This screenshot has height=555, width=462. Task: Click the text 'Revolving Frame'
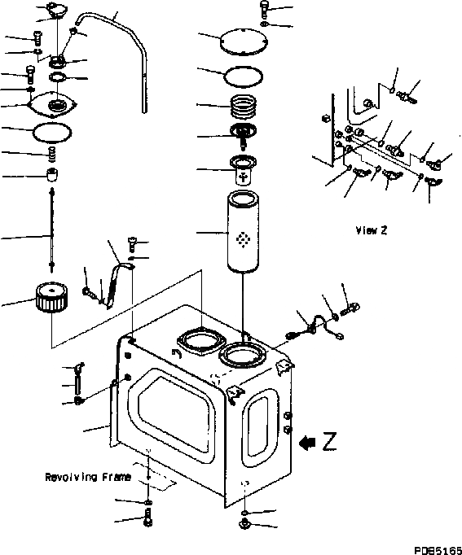click(x=88, y=477)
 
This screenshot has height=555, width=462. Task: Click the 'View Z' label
click(x=372, y=230)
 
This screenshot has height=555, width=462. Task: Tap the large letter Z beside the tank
click(x=329, y=441)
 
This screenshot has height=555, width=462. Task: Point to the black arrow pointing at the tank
click(x=307, y=443)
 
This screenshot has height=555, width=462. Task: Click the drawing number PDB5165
click(x=438, y=550)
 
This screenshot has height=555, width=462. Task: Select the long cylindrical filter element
click(x=243, y=232)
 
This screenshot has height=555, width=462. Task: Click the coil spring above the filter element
click(x=243, y=106)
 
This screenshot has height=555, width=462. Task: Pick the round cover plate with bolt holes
click(x=244, y=42)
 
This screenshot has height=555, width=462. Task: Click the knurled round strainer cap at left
click(x=52, y=297)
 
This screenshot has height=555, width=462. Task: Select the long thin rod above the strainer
click(x=52, y=230)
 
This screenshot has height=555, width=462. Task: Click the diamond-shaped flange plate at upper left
click(x=51, y=104)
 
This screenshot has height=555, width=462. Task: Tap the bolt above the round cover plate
click(x=264, y=9)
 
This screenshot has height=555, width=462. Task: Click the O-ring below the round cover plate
click(x=244, y=76)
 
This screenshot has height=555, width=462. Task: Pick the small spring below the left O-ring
click(x=52, y=154)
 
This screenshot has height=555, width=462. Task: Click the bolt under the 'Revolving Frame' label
click(x=147, y=517)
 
